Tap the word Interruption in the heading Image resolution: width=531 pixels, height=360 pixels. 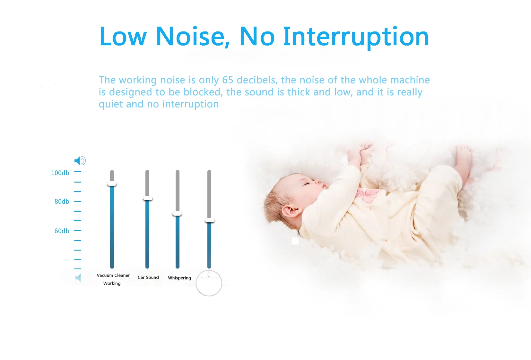pyautogui.click(x=356, y=38)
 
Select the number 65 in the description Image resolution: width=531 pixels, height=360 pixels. pyautogui.click(x=228, y=80)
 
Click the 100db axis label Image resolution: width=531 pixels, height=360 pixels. pyautogui.click(x=60, y=173)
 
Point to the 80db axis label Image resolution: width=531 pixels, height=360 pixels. pyautogui.click(x=62, y=201)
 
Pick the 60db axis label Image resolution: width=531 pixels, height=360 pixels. pyautogui.click(x=62, y=231)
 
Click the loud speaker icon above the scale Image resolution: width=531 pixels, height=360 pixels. pyautogui.click(x=80, y=161)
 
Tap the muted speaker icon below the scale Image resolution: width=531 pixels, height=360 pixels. pyautogui.click(x=78, y=278)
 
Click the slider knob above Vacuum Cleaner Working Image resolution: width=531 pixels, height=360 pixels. pyautogui.click(x=112, y=184)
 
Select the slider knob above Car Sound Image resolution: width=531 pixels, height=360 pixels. pyautogui.click(x=147, y=198)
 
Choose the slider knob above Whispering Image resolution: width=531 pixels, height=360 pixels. pyautogui.click(x=177, y=213)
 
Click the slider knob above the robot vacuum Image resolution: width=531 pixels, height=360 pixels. pyautogui.click(x=210, y=220)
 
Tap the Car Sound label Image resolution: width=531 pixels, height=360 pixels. pyautogui.click(x=148, y=277)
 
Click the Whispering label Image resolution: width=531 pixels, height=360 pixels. pyautogui.click(x=179, y=278)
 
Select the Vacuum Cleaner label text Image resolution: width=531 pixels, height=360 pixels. pyautogui.click(x=113, y=275)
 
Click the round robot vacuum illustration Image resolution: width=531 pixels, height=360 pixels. pyautogui.click(x=209, y=283)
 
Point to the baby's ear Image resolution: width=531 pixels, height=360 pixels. pyautogui.click(x=292, y=211)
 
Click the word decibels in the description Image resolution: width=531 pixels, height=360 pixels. pyautogui.click(x=257, y=80)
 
